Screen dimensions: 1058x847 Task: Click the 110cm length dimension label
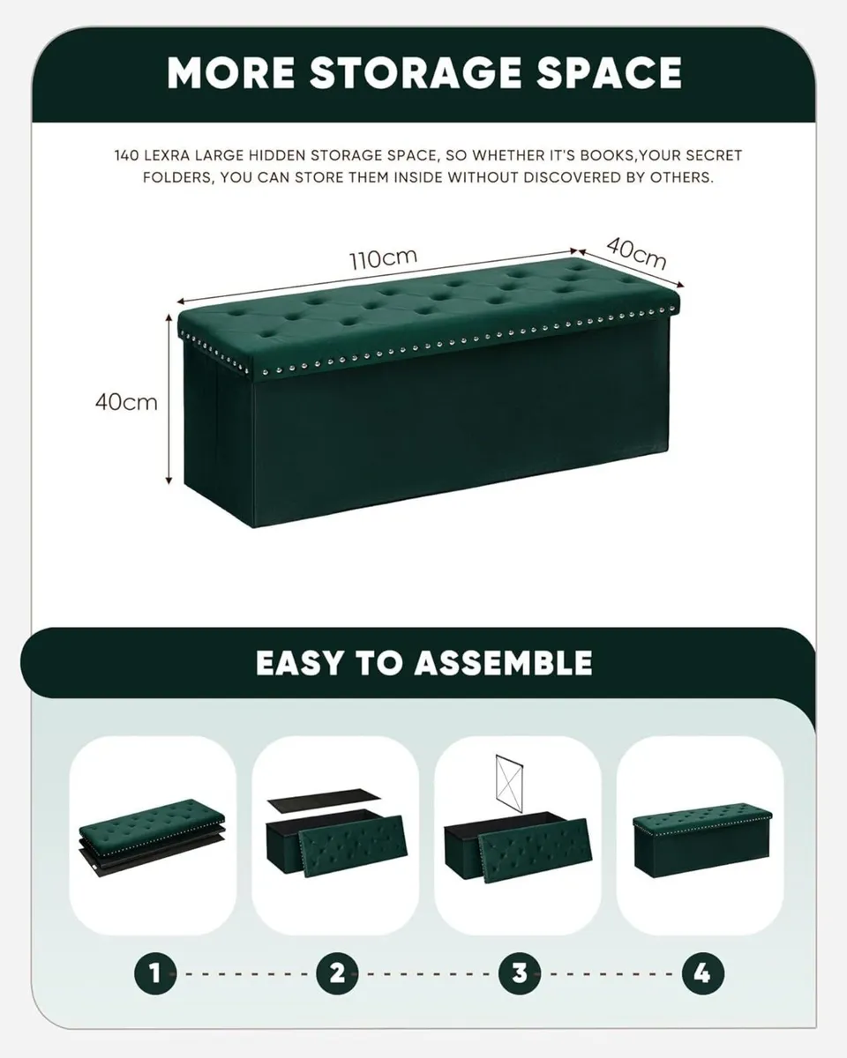(x=382, y=259)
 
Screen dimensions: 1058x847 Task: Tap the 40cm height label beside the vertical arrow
(x=126, y=402)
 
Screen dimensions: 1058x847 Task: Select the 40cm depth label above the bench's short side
(x=636, y=254)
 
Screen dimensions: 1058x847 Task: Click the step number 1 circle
(x=154, y=973)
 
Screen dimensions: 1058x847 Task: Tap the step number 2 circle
(x=337, y=973)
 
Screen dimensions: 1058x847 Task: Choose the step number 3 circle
(x=519, y=973)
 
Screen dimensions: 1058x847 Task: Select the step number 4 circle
(x=701, y=973)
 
